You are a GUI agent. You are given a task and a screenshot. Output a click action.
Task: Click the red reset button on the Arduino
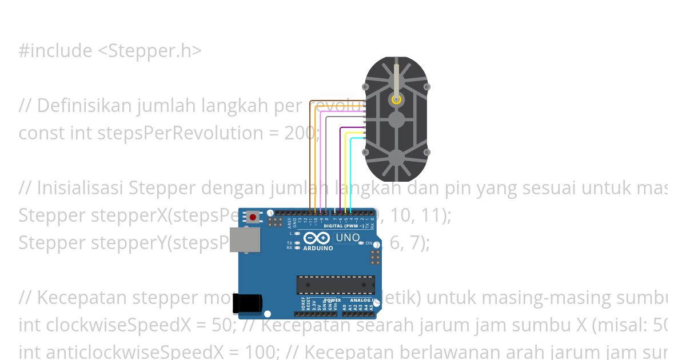coord(252,217)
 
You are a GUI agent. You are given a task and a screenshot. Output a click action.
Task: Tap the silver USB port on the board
coord(245,240)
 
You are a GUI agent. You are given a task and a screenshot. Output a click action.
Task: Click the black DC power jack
coord(247,303)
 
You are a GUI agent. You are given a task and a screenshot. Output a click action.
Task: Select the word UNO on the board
coord(348,238)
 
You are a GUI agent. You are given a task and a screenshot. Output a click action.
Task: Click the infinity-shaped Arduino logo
coord(317,239)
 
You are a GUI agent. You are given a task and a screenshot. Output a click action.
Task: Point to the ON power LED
coord(361,243)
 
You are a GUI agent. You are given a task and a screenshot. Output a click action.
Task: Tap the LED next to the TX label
coord(297,243)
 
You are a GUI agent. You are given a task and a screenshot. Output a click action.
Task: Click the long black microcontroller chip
coord(336,285)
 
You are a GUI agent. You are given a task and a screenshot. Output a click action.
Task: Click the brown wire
coord(310,154)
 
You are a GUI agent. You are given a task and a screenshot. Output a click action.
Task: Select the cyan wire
coord(350,171)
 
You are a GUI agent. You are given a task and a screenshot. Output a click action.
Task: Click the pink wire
coord(321,160)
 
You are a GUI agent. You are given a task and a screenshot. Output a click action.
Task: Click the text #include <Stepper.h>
coord(110,51)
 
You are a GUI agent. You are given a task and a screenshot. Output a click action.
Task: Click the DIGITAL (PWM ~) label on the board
coord(341,226)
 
